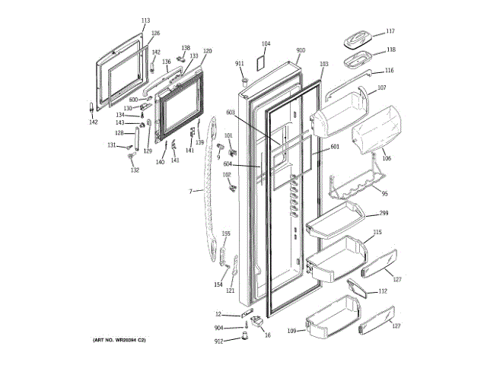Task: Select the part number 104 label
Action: [266, 44]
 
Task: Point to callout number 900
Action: [301, 50]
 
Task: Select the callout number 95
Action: [384, 193]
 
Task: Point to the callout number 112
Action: [382, 291]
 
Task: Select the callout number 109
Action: [291, 331]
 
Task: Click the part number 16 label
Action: [267, 335]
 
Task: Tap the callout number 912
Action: [218, 340]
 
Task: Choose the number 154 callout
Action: [218, 284]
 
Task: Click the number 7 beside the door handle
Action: [191, 191]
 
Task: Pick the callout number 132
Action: [135, 170]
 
